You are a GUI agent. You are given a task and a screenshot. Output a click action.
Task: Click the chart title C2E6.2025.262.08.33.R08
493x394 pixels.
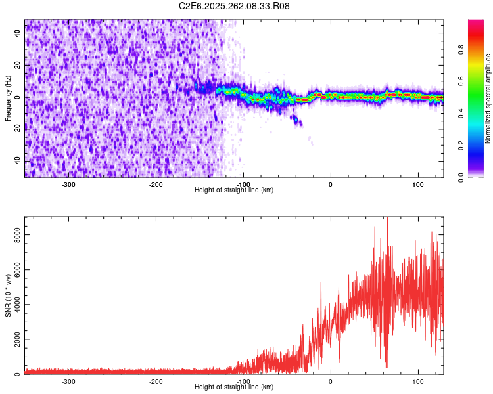(x=235, y=6)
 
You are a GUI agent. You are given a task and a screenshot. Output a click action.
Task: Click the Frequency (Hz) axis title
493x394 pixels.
(x=8, y=98)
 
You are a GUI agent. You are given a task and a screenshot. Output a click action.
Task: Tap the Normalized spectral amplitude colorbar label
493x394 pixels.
(x=488, y=99)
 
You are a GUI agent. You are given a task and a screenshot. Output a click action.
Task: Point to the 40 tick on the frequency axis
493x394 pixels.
(x=18, y=33)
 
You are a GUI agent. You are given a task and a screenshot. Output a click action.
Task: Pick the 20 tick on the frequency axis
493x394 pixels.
(x=18, y=66)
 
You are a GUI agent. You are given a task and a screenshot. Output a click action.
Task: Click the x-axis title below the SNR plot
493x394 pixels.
(x=234, y=387)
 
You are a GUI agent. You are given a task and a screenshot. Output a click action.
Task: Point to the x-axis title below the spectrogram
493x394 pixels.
(x=234, y=190)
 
